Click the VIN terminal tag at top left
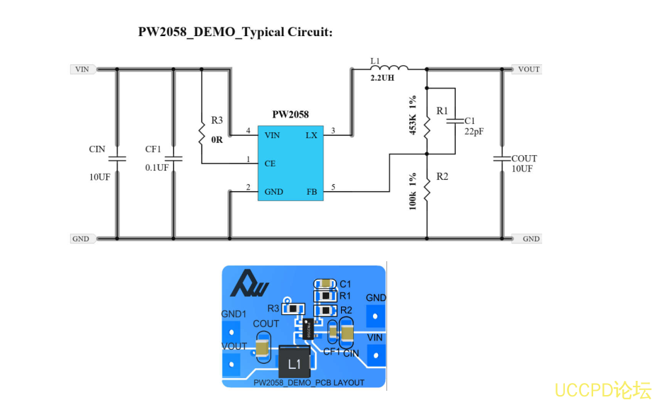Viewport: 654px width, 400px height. pos(82,69)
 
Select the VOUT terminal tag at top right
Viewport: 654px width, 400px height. pos(527,69)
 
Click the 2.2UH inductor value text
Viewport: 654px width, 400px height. pos(382,78)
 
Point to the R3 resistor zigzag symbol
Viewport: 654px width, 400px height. pos(202,130)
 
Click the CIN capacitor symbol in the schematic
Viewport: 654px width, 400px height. pos(117,158)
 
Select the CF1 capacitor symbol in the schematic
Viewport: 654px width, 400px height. pos(173,158)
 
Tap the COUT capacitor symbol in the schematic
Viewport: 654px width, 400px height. pos(503,158)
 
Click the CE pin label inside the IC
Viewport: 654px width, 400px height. pos(270,163)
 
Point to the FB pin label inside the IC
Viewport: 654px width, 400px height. pos(311,192)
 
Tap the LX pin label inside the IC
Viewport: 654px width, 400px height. pos(311,135)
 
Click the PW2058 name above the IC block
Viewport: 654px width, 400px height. pos(290,114)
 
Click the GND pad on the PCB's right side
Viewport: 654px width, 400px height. pos(376,314)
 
